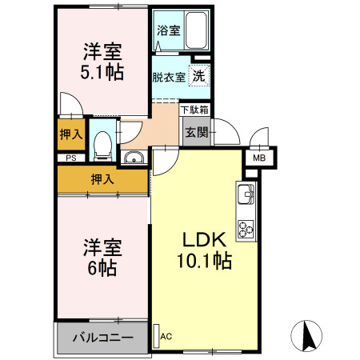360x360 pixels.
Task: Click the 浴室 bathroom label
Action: click(168, 31)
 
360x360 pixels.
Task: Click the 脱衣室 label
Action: click(169, 78)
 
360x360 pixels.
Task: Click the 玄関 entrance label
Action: click(196, 131)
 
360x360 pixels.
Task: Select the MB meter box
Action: click(259, 158)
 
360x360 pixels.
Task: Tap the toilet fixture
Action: click(102, 145)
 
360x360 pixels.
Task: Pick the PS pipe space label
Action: click(71, 158)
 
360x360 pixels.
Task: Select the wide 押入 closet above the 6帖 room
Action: click(102, 179)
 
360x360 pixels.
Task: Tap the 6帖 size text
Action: click(102, 268)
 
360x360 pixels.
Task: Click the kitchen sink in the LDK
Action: click(246, 194)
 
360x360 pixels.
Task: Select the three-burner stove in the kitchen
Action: click(246, 229)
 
